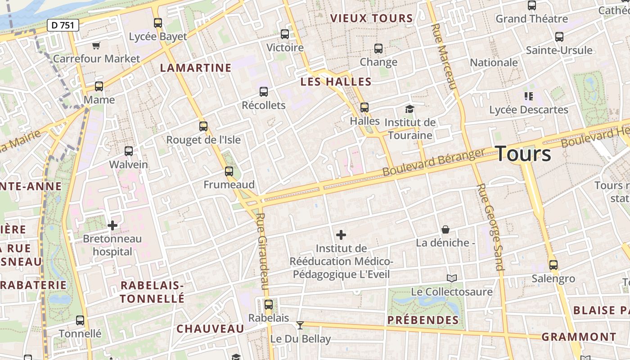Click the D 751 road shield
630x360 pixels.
[63, 25]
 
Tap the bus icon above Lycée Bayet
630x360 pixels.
[157, 22]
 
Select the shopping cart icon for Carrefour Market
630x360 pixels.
[96, 45]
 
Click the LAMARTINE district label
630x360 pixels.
[196, 68]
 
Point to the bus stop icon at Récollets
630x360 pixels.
[264, 92]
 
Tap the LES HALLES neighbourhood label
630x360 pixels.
[336, 82]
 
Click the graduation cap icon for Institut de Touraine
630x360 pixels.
[409, 109]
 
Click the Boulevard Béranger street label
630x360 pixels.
[434, 162]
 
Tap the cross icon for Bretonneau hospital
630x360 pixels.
[112, 225]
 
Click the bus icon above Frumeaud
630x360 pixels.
[229, 171]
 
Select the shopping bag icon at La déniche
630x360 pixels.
[445, 229]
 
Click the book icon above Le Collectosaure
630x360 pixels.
[452, 278]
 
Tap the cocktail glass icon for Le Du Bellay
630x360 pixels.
[300, 325]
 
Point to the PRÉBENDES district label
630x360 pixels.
[423, 320]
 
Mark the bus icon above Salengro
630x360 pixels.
[553, 265]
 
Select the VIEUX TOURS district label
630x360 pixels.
[371, 18]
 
